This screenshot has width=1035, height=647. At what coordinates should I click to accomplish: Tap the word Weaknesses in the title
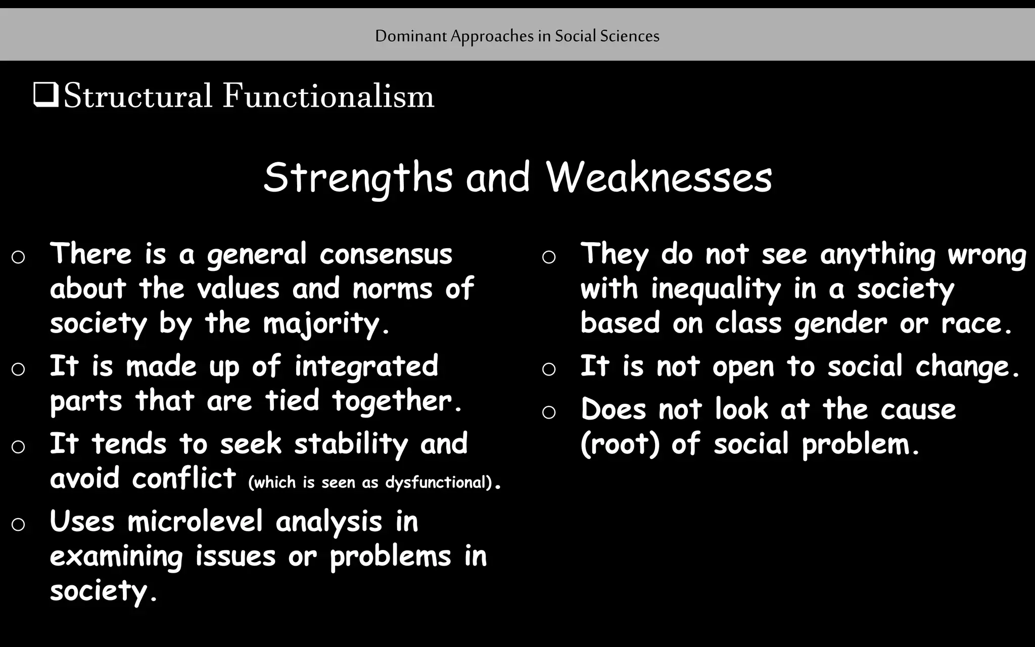(659, 177)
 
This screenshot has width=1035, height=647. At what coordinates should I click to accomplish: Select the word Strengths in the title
(358, 177)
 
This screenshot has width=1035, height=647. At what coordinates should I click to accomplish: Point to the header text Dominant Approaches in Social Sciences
(517, 36)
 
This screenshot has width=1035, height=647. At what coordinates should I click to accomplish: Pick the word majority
(322, 323)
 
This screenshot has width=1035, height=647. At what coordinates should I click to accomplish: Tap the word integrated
(366, 366)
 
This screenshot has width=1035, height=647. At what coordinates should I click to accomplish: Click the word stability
(351, 444)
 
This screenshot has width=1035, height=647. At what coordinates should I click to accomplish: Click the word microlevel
(195, 521)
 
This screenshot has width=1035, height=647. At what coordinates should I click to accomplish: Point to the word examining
(116, 557)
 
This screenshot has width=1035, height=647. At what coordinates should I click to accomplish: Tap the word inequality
(716, 289)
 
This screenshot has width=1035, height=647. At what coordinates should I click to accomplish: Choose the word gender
(840, 323)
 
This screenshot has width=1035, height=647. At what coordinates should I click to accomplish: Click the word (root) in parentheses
(620, 444)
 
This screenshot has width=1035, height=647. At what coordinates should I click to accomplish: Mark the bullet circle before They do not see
(549, 257)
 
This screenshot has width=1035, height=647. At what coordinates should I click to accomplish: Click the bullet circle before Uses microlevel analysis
(18, 524)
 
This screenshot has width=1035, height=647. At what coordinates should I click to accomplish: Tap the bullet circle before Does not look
(549, 412)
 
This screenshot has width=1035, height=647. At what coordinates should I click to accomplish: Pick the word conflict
(184, 478)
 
